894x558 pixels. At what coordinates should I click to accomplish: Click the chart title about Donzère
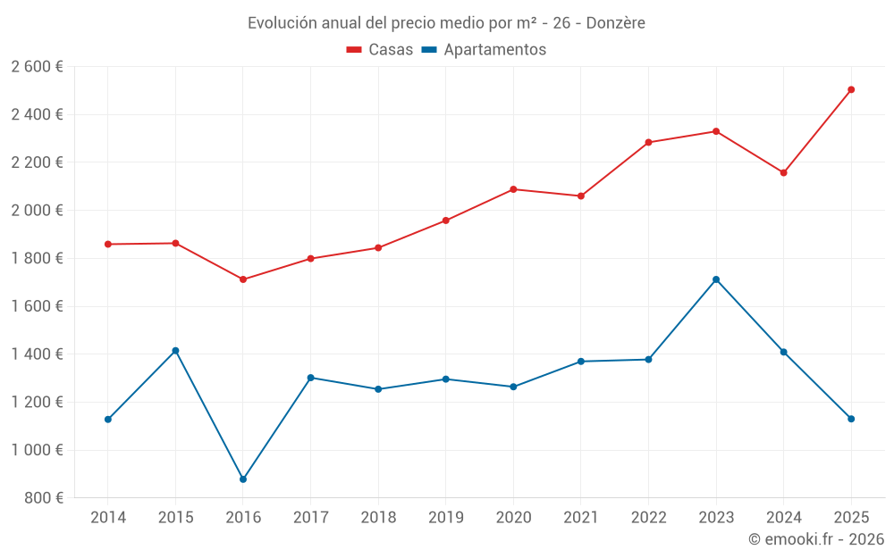click(446, 22)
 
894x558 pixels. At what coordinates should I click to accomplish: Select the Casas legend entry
click(380, 50)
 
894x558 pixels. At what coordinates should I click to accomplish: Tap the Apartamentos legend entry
click(484, 50)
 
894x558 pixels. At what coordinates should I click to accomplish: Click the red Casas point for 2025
click(851, 89)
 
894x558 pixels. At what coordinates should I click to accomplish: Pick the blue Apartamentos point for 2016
click(243, 479)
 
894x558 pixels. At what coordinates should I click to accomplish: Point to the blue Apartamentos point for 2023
click(716, 279)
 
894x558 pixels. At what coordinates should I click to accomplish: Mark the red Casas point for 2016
click(243, 279)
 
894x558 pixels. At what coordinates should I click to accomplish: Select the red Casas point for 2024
click(783, 172)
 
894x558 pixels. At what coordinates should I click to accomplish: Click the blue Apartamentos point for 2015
click(175, 351)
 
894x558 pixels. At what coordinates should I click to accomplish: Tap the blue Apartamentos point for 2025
click(851, 419)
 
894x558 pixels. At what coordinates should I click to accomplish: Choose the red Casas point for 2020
click(513, 189)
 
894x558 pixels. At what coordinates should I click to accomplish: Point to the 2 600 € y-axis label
click(37, 67)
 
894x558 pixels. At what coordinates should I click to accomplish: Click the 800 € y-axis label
click(43, 498)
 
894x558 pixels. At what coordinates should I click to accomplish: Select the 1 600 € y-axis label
click(37, 306)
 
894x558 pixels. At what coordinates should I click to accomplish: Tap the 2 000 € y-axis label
click(37, 211)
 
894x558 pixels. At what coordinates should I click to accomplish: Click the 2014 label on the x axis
click(108, 518)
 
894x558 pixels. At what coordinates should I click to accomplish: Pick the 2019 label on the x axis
click(445, 518)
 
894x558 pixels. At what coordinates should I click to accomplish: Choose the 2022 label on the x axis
click(648, 518)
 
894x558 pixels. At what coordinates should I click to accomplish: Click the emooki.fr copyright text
click(815, 539)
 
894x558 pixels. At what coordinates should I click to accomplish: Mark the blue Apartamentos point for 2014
click(108, 419)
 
